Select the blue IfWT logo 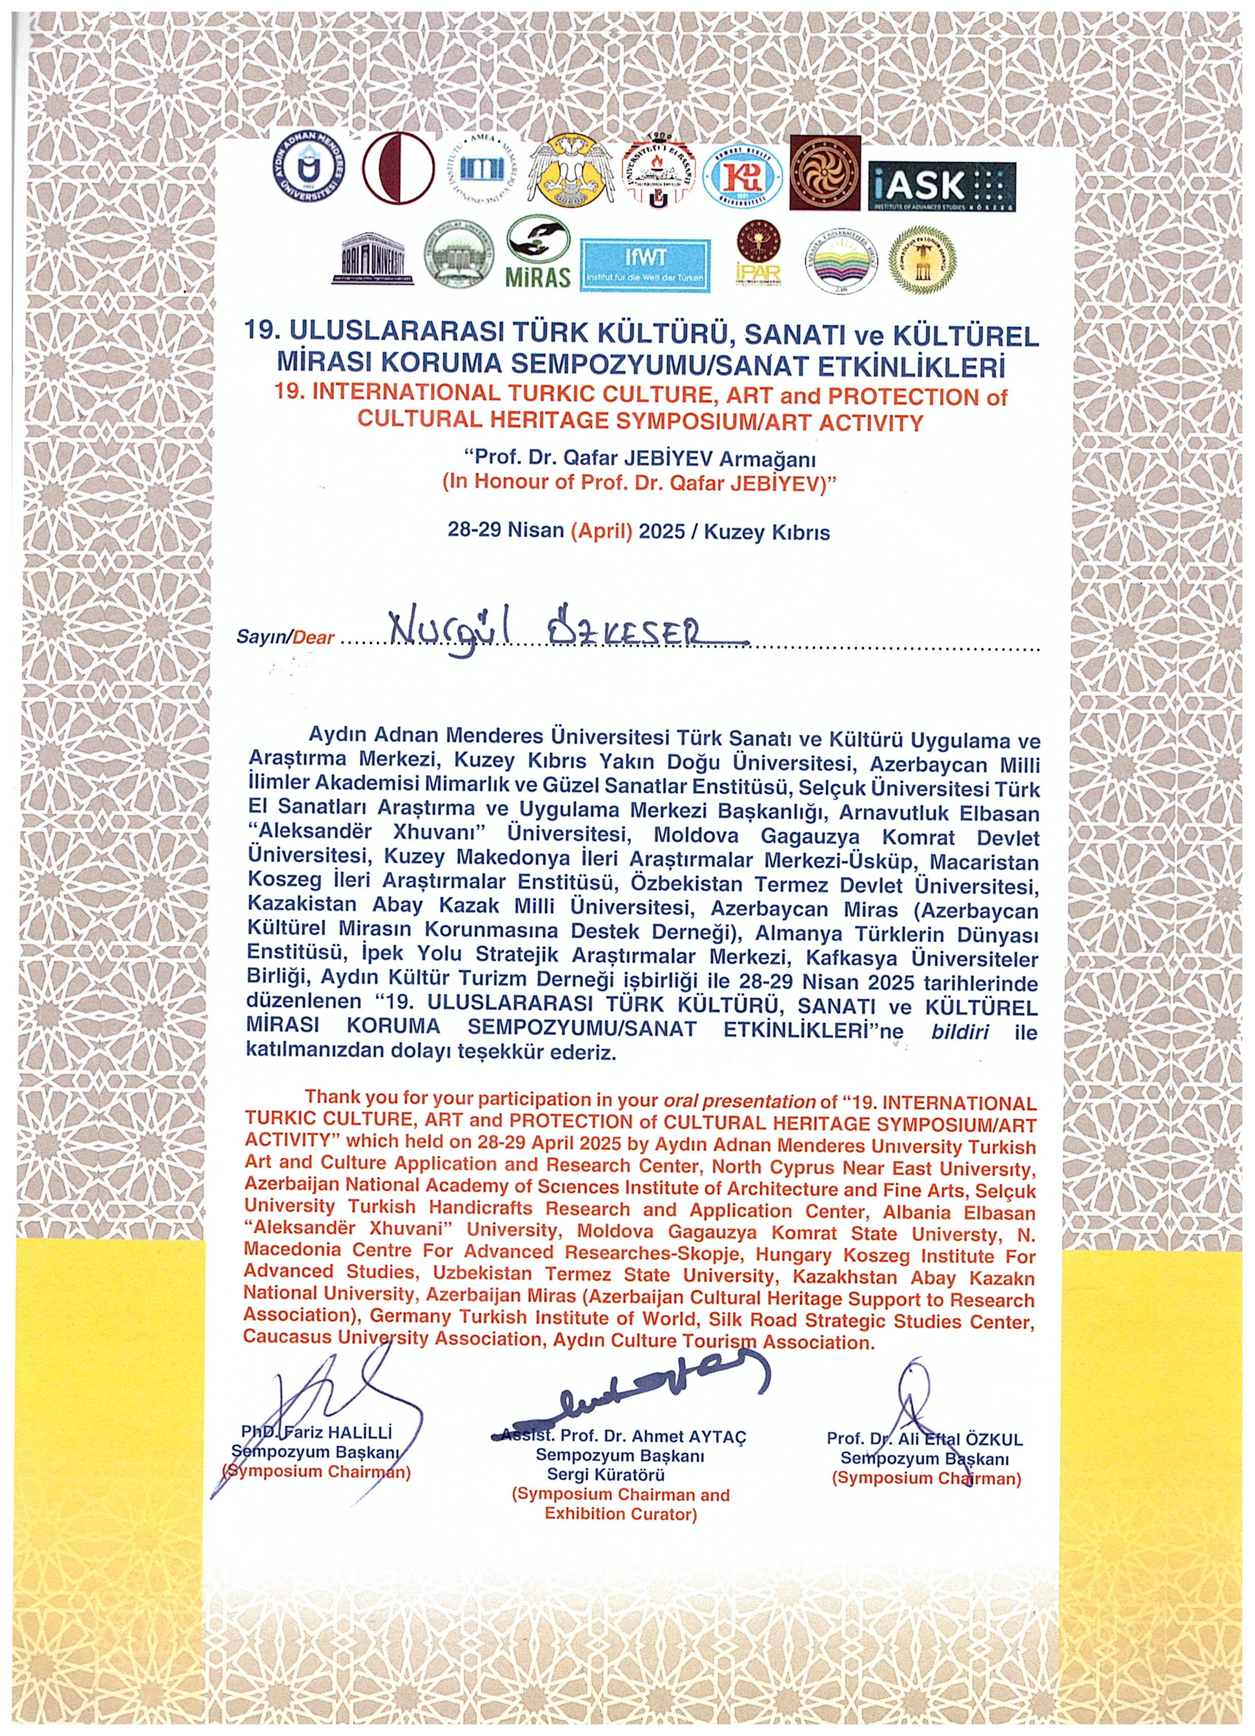644,265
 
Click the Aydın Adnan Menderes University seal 310,172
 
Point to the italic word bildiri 960,1031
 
